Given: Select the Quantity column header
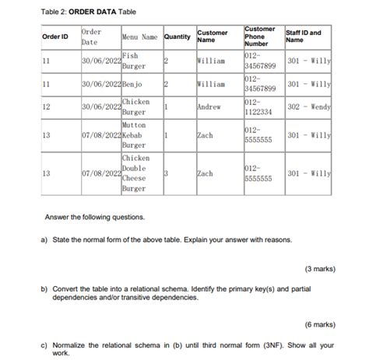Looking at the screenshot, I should point(177,37).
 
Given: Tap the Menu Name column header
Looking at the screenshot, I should point(139,37).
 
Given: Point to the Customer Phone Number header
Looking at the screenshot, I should point(261,37).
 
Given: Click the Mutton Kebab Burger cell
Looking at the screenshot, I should point(134,135).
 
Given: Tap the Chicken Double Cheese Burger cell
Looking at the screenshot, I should point(135,173).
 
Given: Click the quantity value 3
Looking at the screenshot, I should point(166,173).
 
